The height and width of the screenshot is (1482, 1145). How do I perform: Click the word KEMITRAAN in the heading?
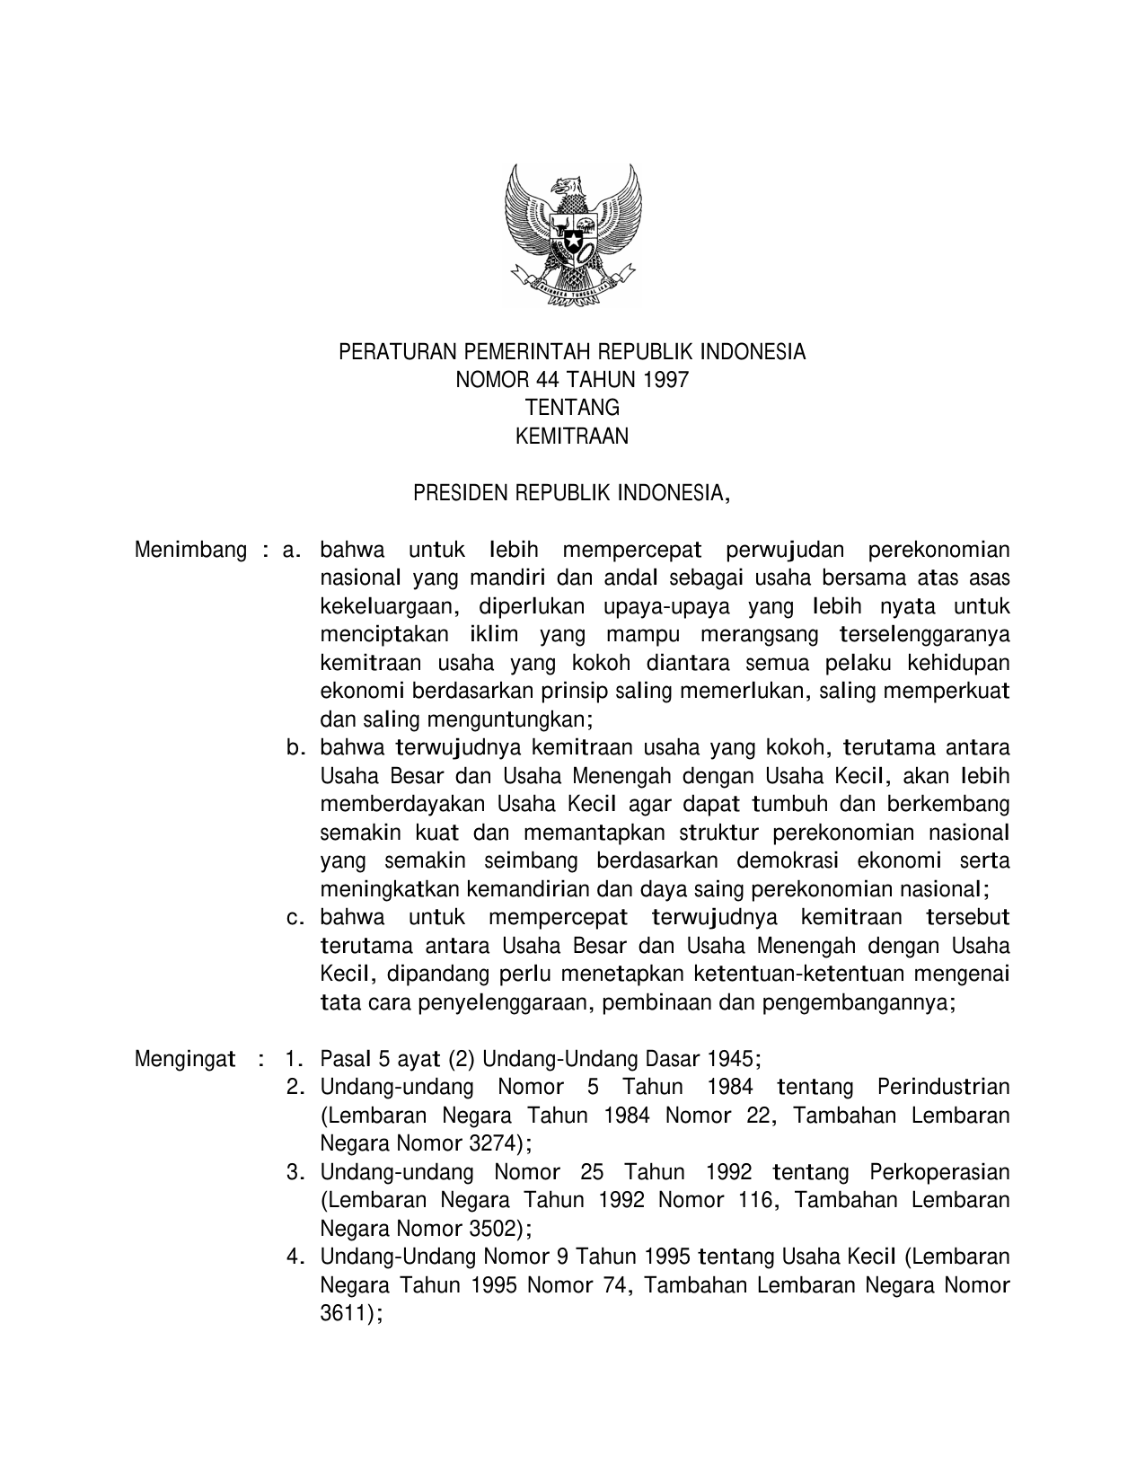click(572, 437)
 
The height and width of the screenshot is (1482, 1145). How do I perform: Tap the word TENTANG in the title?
click(572, 408)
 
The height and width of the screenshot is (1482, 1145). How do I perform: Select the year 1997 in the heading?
click(665, 380)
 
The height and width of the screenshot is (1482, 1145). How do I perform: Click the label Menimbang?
click(190, 550)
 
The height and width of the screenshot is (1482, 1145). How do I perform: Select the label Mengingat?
click(185, 1058)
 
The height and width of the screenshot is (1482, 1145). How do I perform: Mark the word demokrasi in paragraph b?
click(788, 860)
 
